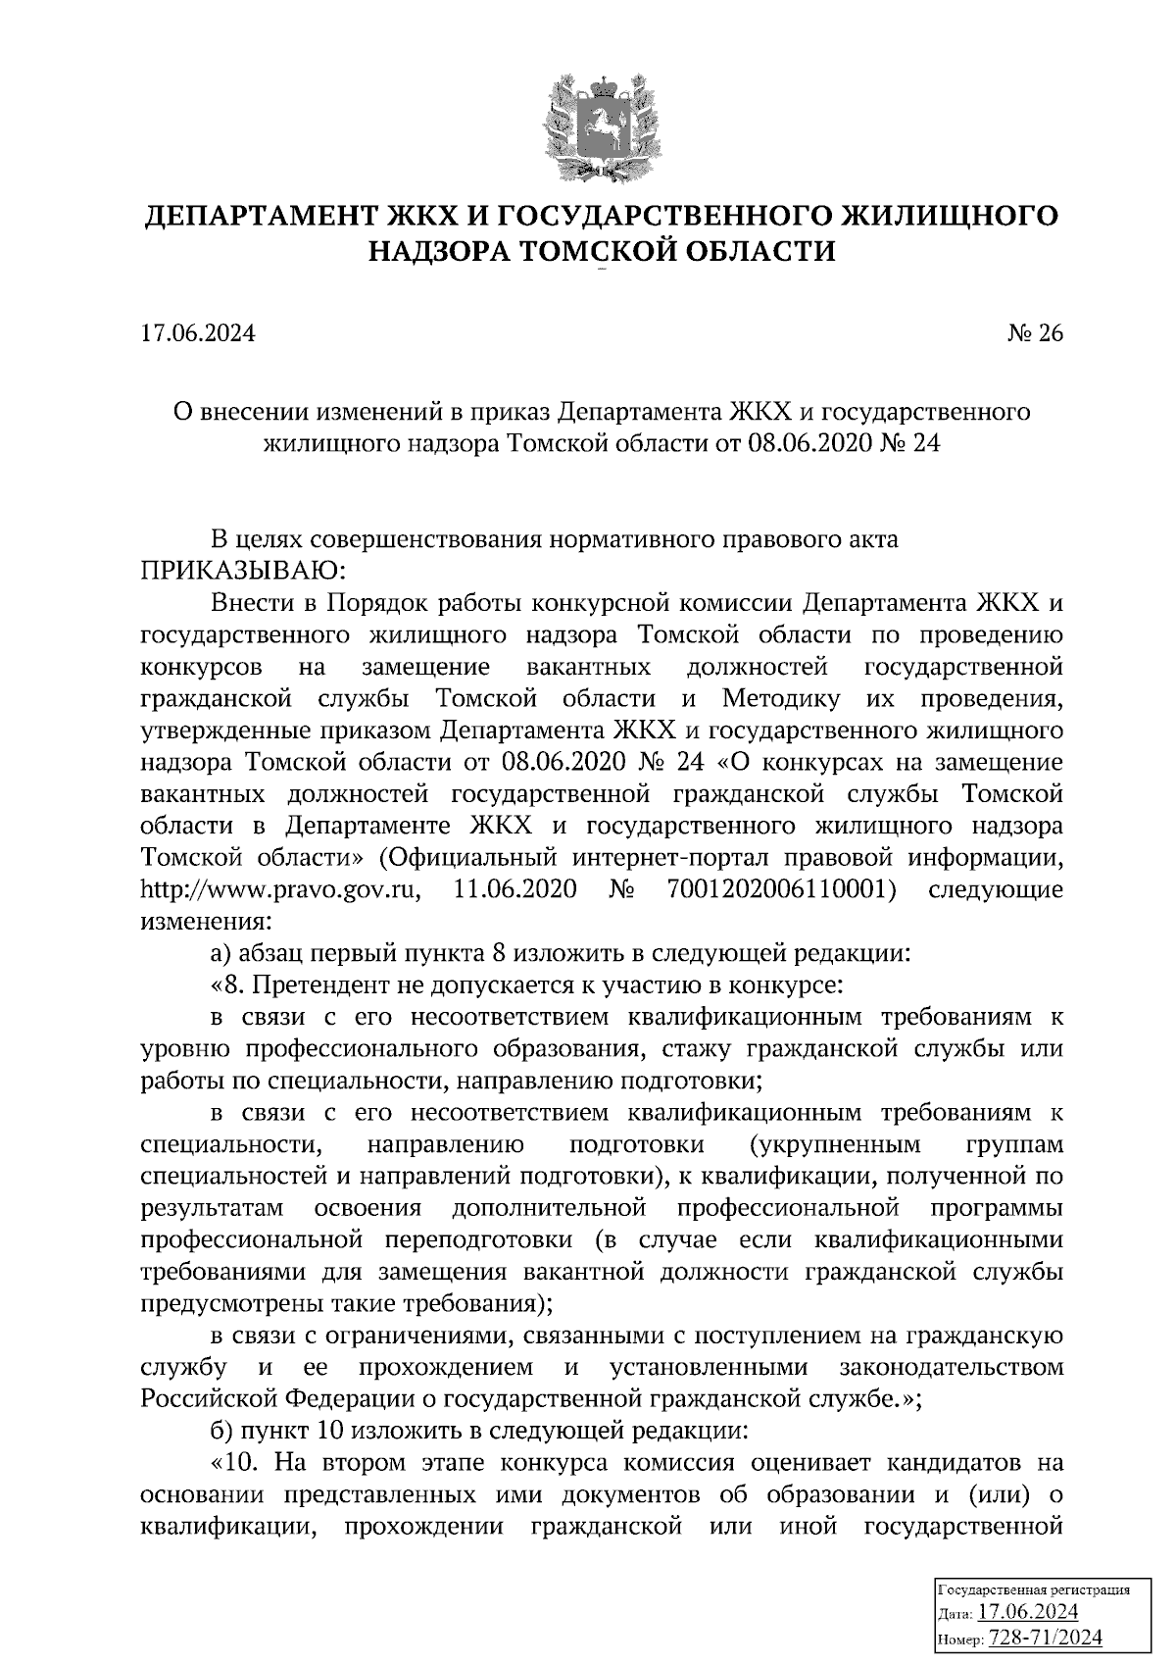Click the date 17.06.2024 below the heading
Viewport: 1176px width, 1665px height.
tap(198, 334)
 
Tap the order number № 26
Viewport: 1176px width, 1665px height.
tap(1035, 334)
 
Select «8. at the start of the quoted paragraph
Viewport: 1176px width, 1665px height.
tap(226, 984)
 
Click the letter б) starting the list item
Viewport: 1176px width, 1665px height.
tap(221, 1429)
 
